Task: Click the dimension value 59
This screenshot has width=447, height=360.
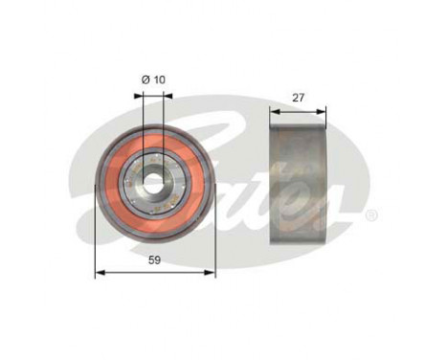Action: coord(155,259)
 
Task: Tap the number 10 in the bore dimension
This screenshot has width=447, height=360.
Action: coord(159,79)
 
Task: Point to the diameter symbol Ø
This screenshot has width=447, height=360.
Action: coord(145,79)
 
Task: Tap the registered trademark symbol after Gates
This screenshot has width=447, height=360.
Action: coord(371,214)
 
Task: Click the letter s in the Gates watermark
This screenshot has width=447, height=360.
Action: coord(335,201)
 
